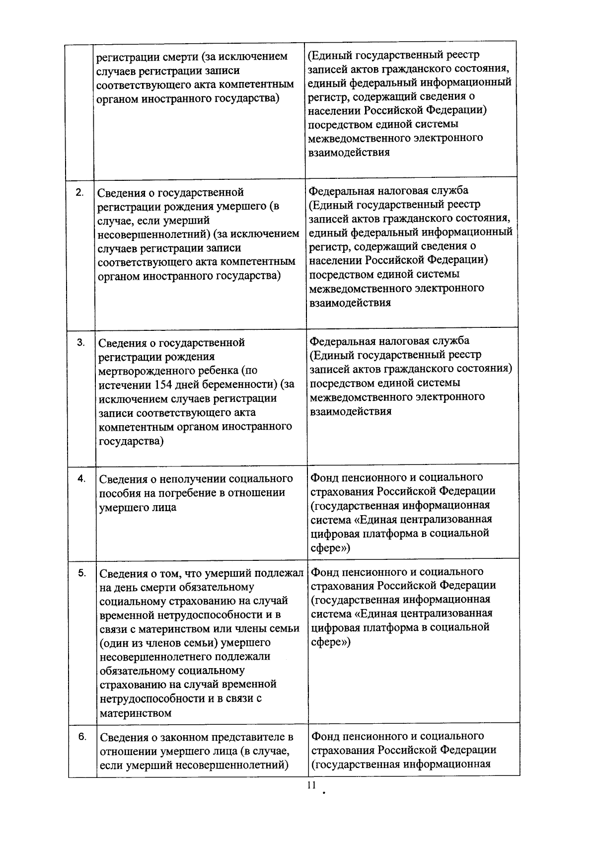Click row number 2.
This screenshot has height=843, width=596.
[79, 192]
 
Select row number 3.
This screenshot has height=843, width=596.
[80, 343]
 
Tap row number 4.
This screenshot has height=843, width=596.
[81, 478]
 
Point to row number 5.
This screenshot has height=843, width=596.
[82, 573]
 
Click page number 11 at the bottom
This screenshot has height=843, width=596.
[311, 785]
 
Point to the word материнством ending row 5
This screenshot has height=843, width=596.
[136, 713]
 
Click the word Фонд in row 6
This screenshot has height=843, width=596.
[325, 735]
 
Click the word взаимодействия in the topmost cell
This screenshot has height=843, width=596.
[349, 152]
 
